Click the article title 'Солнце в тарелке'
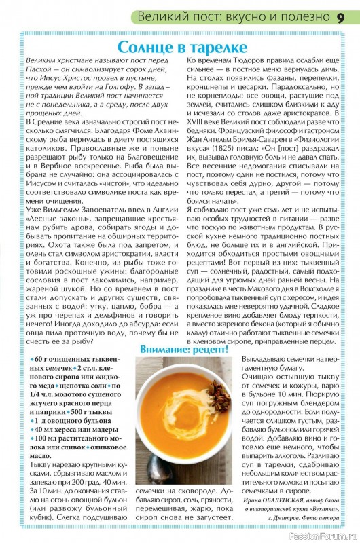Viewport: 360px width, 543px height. coord(180,48)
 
